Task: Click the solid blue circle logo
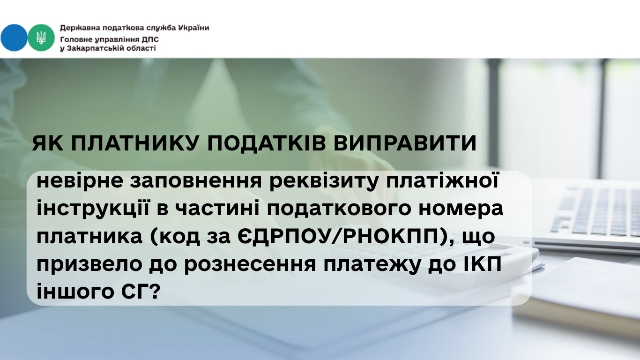14,37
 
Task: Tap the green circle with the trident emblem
41,37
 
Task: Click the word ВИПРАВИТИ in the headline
405,143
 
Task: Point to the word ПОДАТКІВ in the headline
266,143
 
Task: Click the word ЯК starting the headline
47,143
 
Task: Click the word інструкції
93,209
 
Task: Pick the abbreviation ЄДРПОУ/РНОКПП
338,236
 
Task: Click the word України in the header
193,28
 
